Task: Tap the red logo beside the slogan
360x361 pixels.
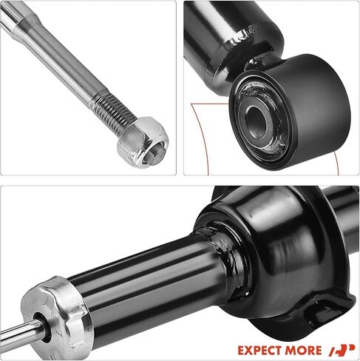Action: [342, 350]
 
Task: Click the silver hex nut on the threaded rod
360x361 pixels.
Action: [143, 142]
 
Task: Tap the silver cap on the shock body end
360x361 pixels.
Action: [56, 318]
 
